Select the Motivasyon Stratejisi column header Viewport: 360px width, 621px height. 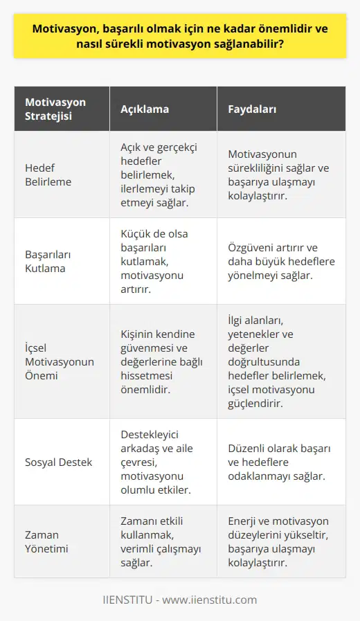pyautogui.click(x=55, y=109)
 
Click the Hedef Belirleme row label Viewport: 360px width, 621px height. pyautogui.click(x=49, y=174)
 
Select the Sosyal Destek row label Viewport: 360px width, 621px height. pyautogui.click(x=59, y=461)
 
